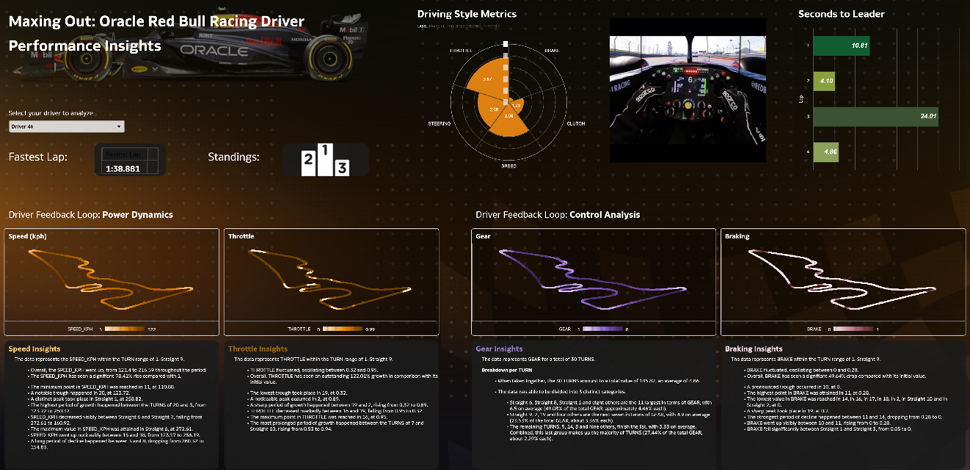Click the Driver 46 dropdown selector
(x=66, y=127)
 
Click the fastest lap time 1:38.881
(x=123, y=168)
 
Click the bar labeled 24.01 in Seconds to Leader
(x=876, y=116)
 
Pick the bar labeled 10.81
(x=842, y=45)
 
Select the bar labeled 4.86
(x=826, y=152)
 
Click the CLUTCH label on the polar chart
(x=575, y=124)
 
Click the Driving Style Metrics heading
(x=467, y=14)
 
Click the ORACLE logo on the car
(x=214, y=51)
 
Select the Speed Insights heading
(x=35, y=349)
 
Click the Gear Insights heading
(x=499, y=349)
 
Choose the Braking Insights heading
(x=753, y=349)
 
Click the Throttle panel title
(x=241, y=237)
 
